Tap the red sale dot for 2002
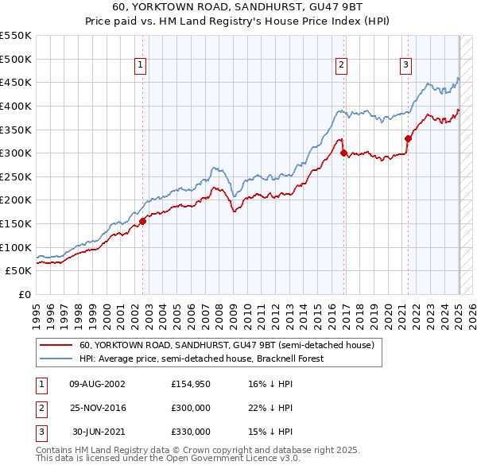pyautogui.click(x=143, y=221)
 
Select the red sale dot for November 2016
pyautogui.click(x=343, y=153)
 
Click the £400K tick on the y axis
pyautogui.click(x=17, y=106)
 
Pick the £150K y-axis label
pyautogui.click(x=17, y=223)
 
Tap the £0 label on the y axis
pyautogui.click(x=24, y=294)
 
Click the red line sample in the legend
pyautogui.click(x=56, y=345)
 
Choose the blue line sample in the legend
pyautogui.click(x=56, y=359)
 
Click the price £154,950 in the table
pyautogui.click(x=191, y=384)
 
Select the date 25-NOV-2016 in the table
pyautogui.click(x=98, y=408)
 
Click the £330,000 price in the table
pyautogui.click(x=191, y=432)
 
